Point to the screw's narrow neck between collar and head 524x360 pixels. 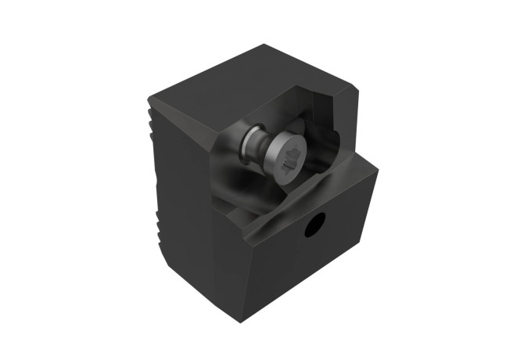(x=267, y=148)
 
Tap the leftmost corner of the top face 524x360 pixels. (x=149, y=99)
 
